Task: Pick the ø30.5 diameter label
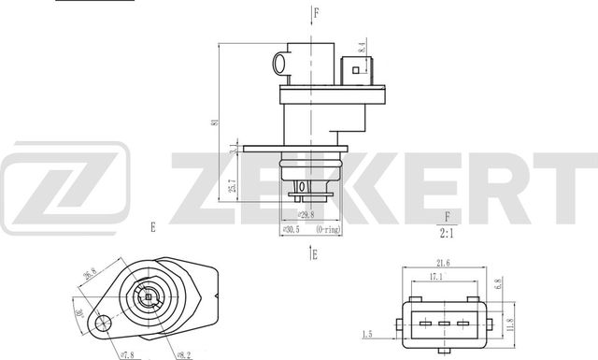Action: click(x=291, y=228)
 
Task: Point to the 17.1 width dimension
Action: click(x=436, y=278)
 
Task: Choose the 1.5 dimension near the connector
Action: click(x=368, y=334)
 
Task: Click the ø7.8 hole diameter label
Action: click(x=128, y=353)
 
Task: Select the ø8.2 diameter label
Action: click(x=183, y=353)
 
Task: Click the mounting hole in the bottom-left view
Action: click(x=103, y=324)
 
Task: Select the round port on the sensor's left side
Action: click(x=279, y=64)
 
